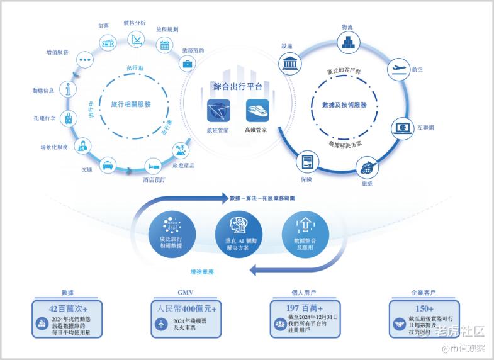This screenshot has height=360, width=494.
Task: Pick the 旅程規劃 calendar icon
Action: [165, 44]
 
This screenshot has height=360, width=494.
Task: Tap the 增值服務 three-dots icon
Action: [85, 60]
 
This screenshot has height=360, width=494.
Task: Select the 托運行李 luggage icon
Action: [67, 118]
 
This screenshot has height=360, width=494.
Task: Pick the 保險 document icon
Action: [306, 161]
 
